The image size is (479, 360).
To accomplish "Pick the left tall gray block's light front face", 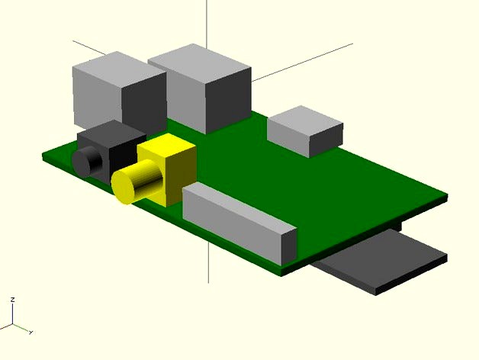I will (97, 95).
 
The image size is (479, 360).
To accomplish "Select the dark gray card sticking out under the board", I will (381, 263).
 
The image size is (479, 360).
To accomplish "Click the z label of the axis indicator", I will (12, 301).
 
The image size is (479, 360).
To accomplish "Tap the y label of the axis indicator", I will (29, 333).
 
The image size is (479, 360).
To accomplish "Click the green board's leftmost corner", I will (43, 155).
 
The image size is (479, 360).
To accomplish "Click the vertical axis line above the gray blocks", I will (208, 23).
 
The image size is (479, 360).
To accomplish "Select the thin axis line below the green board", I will (208, 263).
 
